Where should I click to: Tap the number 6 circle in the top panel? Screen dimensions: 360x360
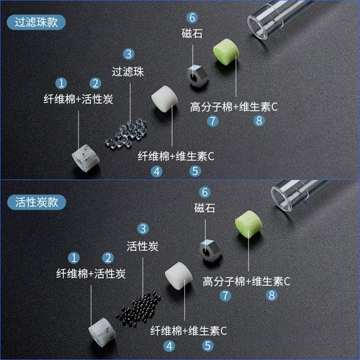192,17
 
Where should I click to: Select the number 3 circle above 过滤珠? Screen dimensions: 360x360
128,54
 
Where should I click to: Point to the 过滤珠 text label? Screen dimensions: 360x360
129,72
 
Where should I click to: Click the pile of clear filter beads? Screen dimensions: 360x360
127,131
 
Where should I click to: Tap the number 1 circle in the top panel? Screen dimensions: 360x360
63,84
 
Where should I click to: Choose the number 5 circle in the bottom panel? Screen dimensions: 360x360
208,346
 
